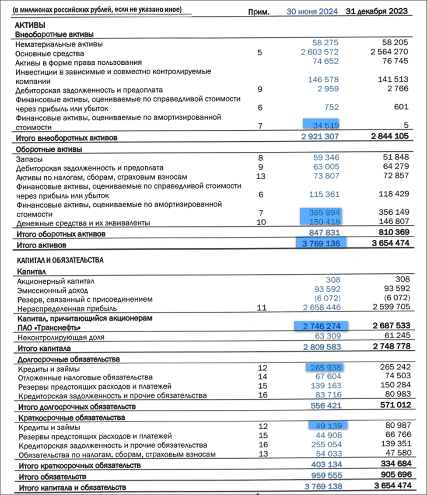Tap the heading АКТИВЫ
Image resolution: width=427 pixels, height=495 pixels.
coord(30,25)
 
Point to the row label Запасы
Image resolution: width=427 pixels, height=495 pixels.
coord(28,157)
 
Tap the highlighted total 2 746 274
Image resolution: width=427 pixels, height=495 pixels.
coord(322,326)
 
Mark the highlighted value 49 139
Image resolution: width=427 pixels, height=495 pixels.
coord(328,425)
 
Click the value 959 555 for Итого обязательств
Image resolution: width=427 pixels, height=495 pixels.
coord(326,475)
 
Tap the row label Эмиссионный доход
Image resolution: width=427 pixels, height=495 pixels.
coord(52,290)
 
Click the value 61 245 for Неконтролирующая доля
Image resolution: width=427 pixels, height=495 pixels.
coord(395,336)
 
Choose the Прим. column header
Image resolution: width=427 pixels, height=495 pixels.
coord(258,12)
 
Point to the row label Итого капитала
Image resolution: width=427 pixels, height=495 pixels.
coord(44,349)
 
